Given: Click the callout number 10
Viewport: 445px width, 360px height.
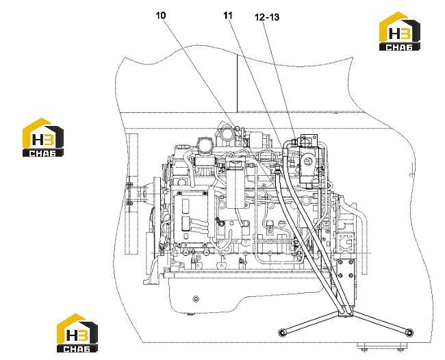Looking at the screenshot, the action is click(x=161, y=16).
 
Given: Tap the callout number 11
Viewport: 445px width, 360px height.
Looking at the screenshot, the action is click(x=227, y=16).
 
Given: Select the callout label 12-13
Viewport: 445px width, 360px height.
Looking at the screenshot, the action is click(x=267, y=17).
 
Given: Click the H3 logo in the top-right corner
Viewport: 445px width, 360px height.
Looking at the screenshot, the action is click(x=400, y=31).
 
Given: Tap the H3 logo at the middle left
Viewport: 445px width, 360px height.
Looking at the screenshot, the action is click(x=43, y=138).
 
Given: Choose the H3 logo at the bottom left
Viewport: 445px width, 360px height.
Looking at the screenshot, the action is click(x=77, y=333).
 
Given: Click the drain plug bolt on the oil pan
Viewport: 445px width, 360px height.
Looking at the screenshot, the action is click(x=195, y=299).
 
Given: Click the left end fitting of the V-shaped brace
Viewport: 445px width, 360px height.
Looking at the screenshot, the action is click(x=282, y=333).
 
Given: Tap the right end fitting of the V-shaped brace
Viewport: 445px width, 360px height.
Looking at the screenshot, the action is click(x=409, y=333).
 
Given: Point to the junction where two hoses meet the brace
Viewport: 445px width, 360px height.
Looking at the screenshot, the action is click(x=345, y=311).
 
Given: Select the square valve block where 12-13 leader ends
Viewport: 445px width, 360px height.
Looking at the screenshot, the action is click(x=308, y=140).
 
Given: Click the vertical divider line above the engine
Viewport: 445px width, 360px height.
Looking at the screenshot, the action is click(x=237, y=83).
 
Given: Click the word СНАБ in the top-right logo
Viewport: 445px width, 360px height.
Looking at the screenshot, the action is click(x=400, y=47).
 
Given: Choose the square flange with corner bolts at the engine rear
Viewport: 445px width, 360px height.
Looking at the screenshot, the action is click(x=345, y=242).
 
